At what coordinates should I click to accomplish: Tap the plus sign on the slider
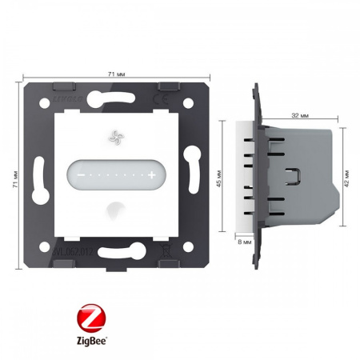[150, 173]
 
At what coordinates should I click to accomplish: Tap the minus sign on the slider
[80, 173]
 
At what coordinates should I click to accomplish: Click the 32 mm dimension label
[299, 114]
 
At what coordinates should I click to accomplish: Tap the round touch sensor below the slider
[111, 209]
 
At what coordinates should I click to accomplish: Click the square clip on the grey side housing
[294, 174]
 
